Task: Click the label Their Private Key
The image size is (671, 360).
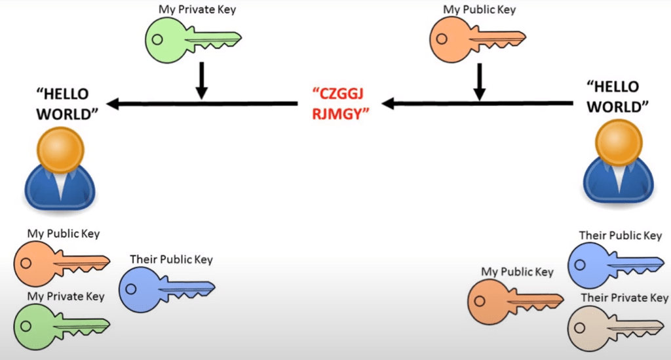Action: click(x=624, y=298)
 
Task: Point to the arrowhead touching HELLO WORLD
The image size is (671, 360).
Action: click(x=113, y=103)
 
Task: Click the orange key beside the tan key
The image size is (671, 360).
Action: click(x=515, y=300)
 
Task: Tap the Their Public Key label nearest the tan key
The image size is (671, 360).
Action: click(x=620, y=235)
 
